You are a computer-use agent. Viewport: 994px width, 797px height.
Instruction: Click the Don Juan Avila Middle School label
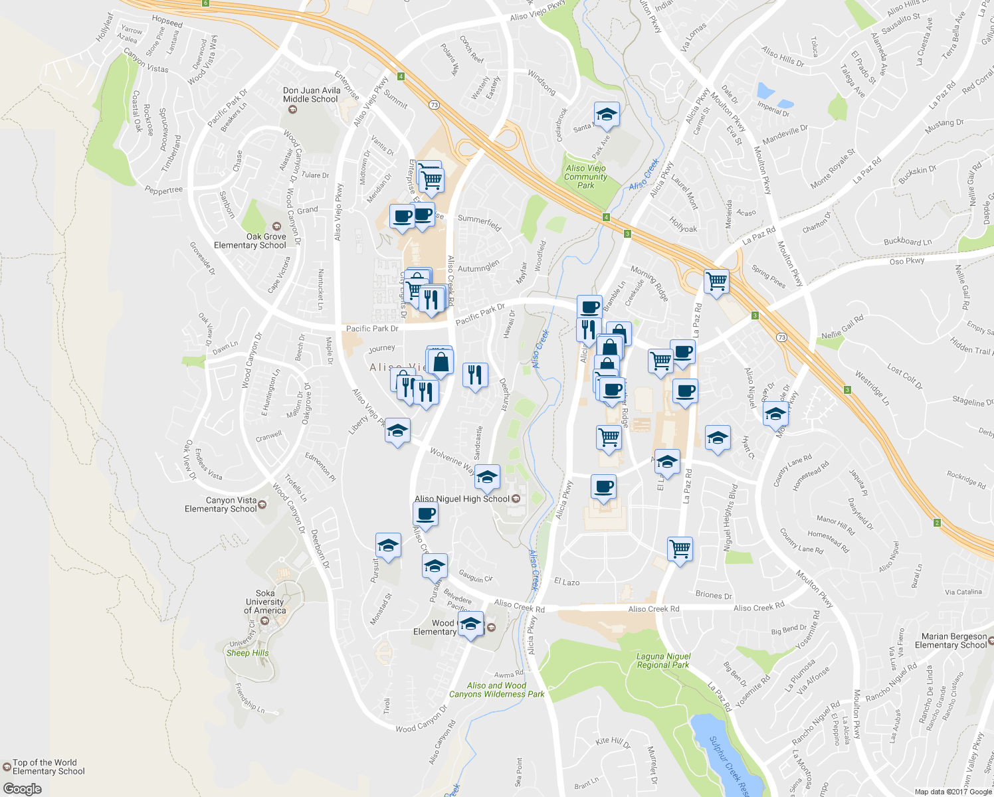pyautogui.click(x=312, y=95)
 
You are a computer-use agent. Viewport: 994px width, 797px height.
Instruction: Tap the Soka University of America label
pyautogui.click(x=264, y=602)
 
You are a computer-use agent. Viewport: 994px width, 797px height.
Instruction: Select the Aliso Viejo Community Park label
pyautogui.click(x=585, y=177)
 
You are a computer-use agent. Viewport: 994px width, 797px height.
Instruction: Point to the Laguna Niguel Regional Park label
pyautogui.click(x=663, y=660)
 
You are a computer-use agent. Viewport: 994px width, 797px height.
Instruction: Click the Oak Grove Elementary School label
pyautogui.click(x=250, y=240)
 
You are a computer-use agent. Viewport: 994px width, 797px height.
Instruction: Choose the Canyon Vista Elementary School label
pyautogui.click(x=221, y=505)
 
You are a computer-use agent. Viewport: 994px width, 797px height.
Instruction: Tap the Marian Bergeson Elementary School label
pyautogui.click(x=953, y=640)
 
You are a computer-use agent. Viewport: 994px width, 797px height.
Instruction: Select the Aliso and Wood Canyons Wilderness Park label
pyautogui.click(x=496, y=690)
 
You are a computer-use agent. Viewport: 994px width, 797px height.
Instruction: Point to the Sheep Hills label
pyautogui.click(x=247, y=653)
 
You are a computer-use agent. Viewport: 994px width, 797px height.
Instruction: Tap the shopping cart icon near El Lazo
pyautogui.click(x=680, y=549)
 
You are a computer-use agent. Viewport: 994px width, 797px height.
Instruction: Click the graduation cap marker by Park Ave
pyautogui.click(x=606, y=115)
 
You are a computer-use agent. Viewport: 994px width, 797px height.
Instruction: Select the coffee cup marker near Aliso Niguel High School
pyautogui.click(x=425, y=513)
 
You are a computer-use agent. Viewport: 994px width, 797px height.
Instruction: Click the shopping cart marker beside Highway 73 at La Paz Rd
pyautogui.click(x=716, y=282)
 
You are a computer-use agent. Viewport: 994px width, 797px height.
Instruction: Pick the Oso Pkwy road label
pyautogui.click(x=906, y=261)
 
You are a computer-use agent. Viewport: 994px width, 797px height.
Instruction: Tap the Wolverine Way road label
pyautogui.click(x=452, y=460)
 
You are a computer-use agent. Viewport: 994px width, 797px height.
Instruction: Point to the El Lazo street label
pyautogui.click(x=566, y=582)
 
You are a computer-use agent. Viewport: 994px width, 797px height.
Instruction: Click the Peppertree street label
pyautogui.click(x=163, y=191)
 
